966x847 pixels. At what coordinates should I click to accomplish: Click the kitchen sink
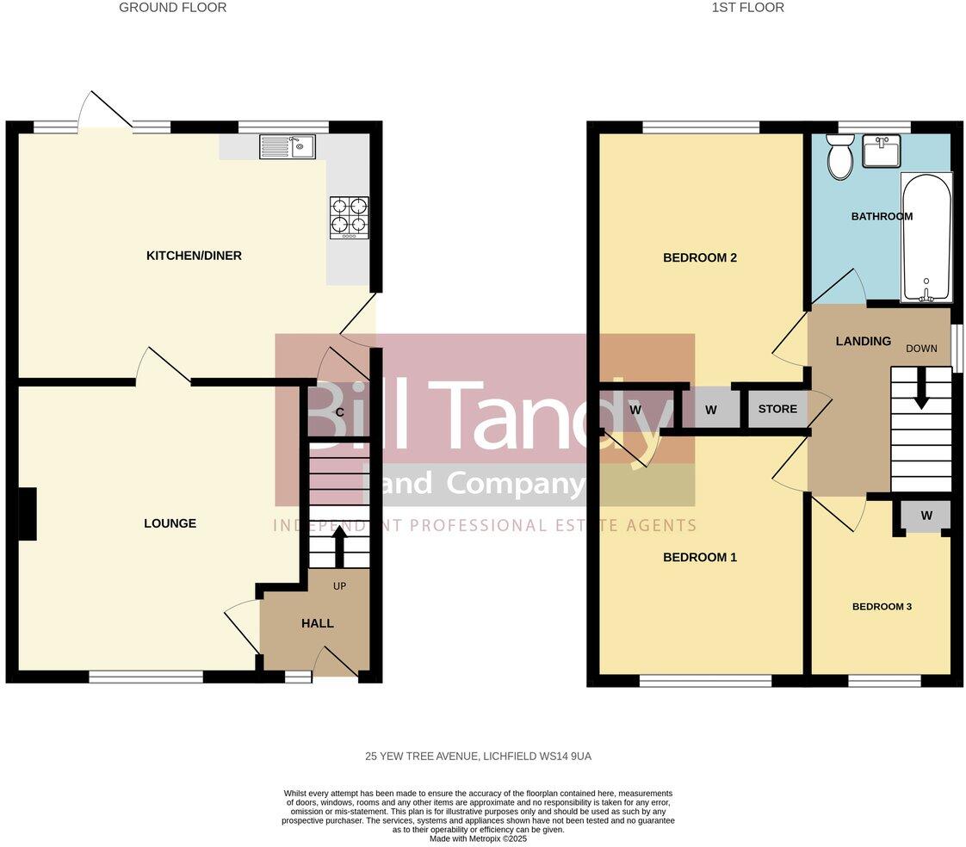click(x=287, y=147)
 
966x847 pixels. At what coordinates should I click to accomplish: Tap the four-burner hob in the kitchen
click(x=349, y=217)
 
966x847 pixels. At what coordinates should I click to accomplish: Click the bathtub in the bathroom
click(x=926, y=238)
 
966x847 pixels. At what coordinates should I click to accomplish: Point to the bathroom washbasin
click(x=881, y=151)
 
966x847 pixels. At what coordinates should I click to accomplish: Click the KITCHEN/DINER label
click(x=194, y=256)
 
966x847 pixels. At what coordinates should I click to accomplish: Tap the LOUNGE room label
click(x=170, y=523)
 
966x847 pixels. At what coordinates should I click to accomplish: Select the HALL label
click(x=318, y=623)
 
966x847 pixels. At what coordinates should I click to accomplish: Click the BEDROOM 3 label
click(x=882, y=607)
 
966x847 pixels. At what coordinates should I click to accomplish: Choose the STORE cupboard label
click(x=777, y=409)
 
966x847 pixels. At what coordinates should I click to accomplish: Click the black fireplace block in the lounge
click(x=28, y=514)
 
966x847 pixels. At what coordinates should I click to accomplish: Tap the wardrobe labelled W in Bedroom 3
click(x=926, y=516)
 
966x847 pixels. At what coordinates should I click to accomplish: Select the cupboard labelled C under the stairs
click(x=339, y=412)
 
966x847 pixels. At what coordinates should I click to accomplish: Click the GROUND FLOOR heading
click(x=172, y=8)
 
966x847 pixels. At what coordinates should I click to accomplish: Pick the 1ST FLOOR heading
click(x=747, y=8)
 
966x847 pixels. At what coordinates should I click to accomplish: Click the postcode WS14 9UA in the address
click(x=562, y=757)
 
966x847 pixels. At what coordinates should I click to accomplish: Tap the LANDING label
click(x=863, y=342)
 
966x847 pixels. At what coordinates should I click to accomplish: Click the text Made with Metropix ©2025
click(x=478, y=838)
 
